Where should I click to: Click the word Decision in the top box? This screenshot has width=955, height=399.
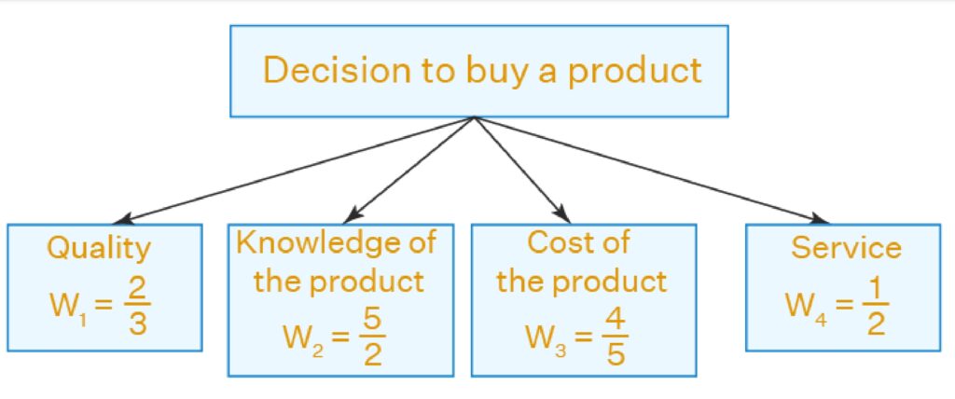pos(337,70)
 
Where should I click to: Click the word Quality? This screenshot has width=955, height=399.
pos(99,249)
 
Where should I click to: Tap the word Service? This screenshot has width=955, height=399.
pos(845,247)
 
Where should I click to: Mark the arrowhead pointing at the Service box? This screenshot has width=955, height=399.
pos(820,219)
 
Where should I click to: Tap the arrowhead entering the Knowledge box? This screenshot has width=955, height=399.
pos(352,215)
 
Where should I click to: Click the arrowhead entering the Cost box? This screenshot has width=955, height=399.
pos(562,215)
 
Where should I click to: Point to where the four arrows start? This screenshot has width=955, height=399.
pos(475,117)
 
